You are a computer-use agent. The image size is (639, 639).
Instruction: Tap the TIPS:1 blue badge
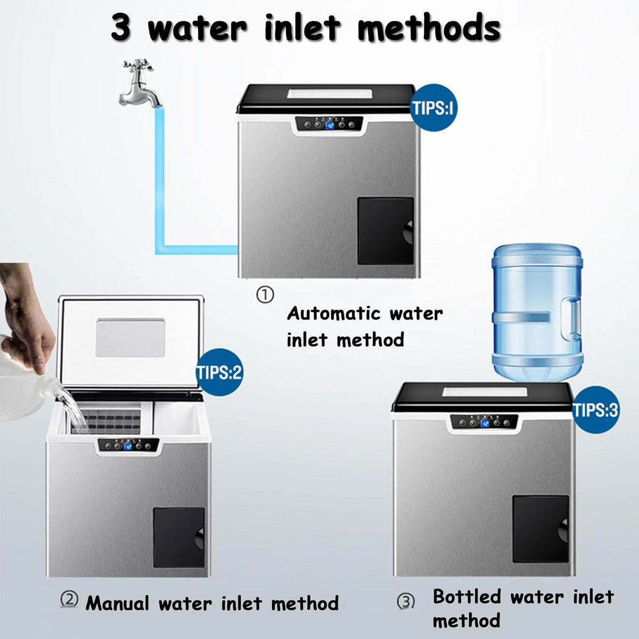(432, 108)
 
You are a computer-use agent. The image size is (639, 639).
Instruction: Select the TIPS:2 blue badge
(219, 372)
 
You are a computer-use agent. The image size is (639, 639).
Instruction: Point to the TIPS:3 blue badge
(595, 410)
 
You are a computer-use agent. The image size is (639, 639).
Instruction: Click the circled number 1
(265, 295)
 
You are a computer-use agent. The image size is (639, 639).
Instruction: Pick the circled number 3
(406, 602)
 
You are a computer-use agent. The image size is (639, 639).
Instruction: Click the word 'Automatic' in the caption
(333, 313)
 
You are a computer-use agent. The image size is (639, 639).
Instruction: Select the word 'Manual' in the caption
(117, 603)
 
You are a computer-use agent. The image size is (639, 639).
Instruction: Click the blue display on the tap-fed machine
(330, 125)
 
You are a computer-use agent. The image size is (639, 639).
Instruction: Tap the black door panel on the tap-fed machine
(386, 231)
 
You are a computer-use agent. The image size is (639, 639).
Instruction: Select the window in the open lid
(130, 338)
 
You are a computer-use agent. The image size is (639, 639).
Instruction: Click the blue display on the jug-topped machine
(485, 423)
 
